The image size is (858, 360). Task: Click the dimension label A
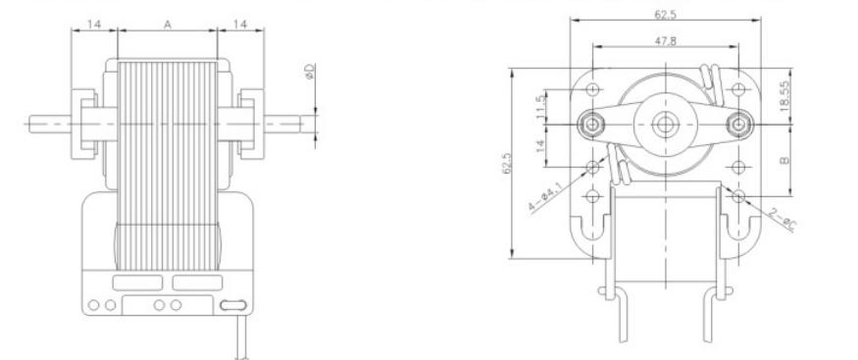tap(168, 25)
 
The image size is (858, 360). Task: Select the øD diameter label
tap(310, 73)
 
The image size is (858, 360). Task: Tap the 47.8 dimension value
tap(666, 40)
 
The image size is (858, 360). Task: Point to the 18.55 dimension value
tap(785, 96)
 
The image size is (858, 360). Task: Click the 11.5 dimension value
tap(541, 107)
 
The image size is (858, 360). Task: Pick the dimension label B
tap(784, 160)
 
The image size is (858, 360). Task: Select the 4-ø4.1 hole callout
tap(545, 197)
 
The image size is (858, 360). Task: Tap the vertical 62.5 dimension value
tap(507, 163)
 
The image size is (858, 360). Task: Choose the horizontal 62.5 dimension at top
tap(666, 15)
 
